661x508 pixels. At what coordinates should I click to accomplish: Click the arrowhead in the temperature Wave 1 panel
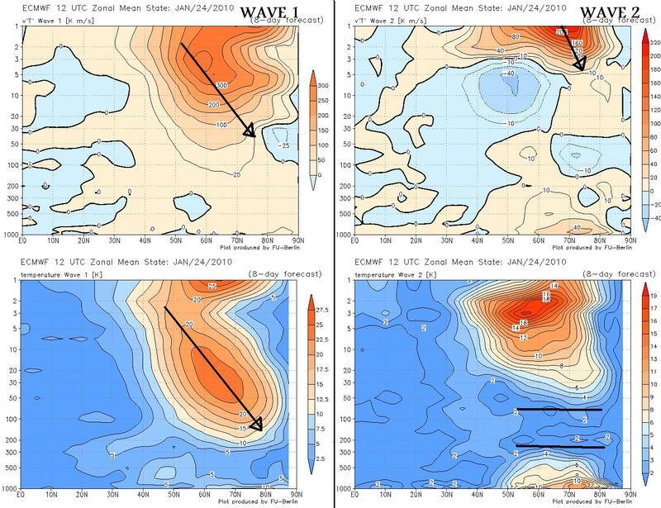pos(257,426)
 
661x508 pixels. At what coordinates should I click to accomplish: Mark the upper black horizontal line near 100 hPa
pos(559,409)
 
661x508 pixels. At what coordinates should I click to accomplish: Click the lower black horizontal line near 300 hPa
pos(559,447)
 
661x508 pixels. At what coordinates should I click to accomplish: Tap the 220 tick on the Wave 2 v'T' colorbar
pos(651,34)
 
